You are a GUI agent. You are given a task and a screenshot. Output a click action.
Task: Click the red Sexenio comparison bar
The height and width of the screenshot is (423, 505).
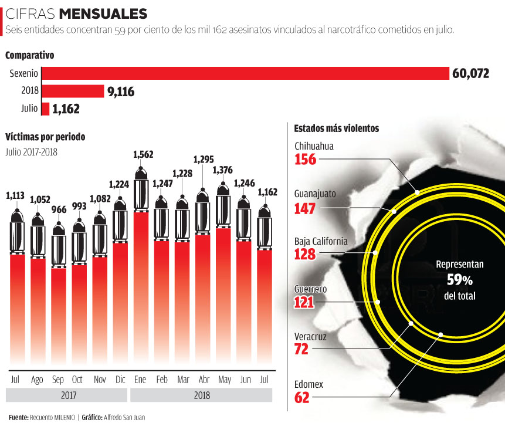coord(245,73)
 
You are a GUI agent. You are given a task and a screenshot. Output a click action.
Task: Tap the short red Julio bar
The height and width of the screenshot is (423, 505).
coord(45,109)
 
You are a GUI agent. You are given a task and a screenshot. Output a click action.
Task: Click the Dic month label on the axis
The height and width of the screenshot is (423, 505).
coord(120,380)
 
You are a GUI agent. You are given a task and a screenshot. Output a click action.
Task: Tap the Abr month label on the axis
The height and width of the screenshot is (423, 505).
coord(203,380)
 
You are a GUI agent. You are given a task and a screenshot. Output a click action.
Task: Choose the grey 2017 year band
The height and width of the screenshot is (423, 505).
coord(69,395)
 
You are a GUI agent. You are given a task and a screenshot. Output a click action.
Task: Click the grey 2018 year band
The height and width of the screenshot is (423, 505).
coord(202,395)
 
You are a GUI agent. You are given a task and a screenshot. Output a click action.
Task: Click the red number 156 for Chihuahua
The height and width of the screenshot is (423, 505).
coord(305,160)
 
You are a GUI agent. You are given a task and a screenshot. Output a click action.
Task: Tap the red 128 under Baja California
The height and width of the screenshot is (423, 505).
coord(305,254)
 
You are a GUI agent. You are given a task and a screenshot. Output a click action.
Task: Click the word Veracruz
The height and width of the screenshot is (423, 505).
coord(310,337)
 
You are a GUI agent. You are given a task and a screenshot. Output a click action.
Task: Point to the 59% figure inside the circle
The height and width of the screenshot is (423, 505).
coord(459,279)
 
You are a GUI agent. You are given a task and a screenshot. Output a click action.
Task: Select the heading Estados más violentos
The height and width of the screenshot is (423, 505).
coord(336,128)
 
